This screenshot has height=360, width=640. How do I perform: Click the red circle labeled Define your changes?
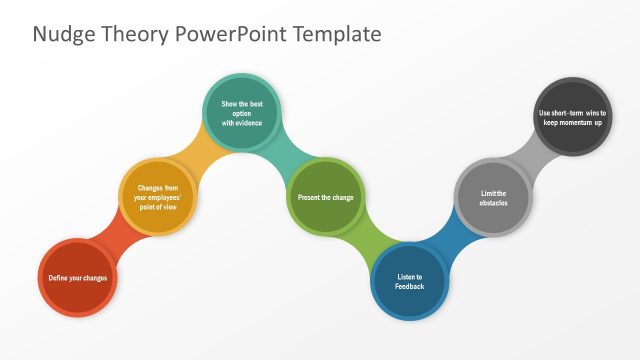(78, 278)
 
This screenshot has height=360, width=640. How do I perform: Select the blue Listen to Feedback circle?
(410, 281)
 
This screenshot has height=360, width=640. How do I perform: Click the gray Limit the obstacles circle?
(493, 197)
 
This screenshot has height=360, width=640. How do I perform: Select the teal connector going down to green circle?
(284, 152)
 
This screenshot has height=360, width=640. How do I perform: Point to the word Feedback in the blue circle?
(410, 287)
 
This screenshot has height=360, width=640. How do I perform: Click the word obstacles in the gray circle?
(493, 203)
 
